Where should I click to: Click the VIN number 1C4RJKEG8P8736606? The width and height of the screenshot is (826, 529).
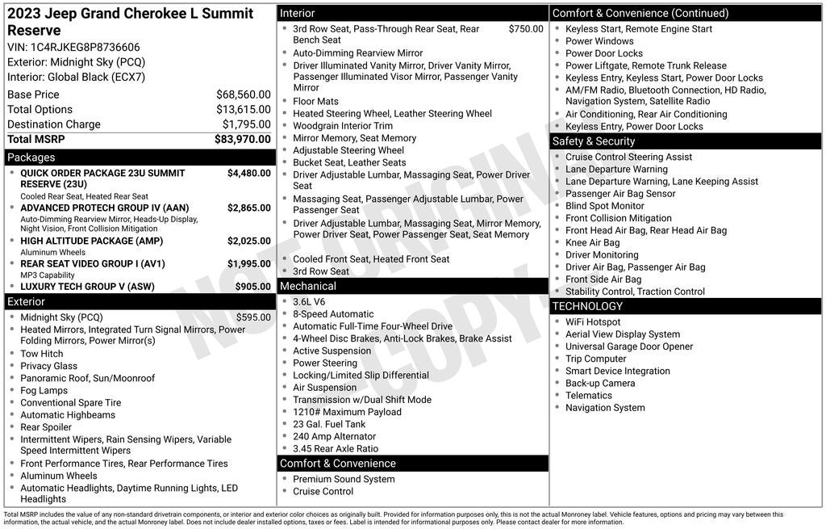[x=85, y=47]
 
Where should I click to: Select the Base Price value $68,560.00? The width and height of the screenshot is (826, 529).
[x=243, y=94]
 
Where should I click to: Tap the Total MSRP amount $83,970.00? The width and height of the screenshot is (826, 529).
[x=242, y=139]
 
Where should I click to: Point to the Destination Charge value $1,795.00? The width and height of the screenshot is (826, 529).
[x=246, y=124]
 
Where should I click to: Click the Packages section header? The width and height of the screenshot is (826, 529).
[x=31, y=157]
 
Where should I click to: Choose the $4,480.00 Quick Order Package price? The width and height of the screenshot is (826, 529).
[x=248, y=173]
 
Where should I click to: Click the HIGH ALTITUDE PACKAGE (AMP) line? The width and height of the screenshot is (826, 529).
[x=90, y=241]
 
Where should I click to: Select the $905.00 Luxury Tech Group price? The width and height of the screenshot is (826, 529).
[x=252, y=286]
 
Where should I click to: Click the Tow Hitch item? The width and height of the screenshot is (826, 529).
[x=41, y=354]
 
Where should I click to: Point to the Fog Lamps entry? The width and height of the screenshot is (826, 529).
[x=44, y=390]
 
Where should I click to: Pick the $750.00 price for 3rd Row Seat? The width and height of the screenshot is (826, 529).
[x=526, y=29]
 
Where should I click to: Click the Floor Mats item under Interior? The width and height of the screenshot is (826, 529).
[x=315, y=102]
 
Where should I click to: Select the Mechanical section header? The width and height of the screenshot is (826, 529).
[x=307, y=286]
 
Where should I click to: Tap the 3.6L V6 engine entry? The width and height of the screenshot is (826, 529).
[x=310, y=301]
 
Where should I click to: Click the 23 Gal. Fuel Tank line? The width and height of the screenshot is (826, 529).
[x=329, y=424]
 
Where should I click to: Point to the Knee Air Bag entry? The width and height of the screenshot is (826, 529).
[x=592, y=242]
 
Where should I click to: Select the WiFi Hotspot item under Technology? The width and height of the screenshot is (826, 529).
[x=593, y=321]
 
